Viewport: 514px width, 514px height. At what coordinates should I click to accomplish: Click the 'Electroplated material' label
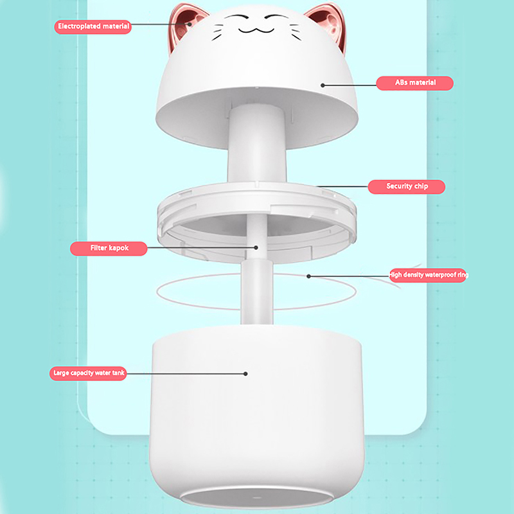pyautogui.click(x=93, y=26)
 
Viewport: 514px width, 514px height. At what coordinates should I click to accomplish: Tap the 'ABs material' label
pyautogui.click(x=414, y=83)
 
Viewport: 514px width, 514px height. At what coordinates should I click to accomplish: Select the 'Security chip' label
pyautogui.click(x=407, y=186)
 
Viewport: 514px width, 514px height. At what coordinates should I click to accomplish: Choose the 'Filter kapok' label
pyautogui.click(x=109, y=249)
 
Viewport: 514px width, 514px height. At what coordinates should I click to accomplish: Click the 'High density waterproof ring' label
pyautogui.click(x=428, y=275)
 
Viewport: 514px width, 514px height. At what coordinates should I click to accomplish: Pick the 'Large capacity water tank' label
pyautogui.click(x=88, y=373)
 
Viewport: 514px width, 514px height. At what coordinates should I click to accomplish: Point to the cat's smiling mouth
pyautogui.click(x=256, y=30)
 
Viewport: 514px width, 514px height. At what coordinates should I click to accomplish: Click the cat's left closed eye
pyautogui.click(x=238, y=17)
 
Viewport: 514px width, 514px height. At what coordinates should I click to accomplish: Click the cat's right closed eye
pyautogui.click(x=277, y=17)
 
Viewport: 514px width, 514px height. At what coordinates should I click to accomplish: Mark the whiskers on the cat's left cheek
pyautogui.click(x=217, y=32)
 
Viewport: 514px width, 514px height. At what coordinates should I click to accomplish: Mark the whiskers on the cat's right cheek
pyautogui.click(x=295, y=32)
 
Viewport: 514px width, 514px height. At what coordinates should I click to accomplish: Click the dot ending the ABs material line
pyautogui.click(x=323, y=85)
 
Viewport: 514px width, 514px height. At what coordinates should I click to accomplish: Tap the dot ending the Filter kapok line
pyautogui.click(x=256, y=248)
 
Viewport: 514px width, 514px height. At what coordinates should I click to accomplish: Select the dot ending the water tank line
pyautogui.click(x=245, y=374)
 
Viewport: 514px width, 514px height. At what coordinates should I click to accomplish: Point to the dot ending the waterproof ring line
pyautogui.click(x=308, y=276)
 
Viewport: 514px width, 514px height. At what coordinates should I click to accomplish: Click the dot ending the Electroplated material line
pyautogui.click(x=190, y=24)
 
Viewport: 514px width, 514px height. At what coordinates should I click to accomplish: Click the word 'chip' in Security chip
pyautogui.click(x=421, y=186)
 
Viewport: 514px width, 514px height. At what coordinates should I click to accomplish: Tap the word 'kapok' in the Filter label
pyautogui.click(x=119, y=248)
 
